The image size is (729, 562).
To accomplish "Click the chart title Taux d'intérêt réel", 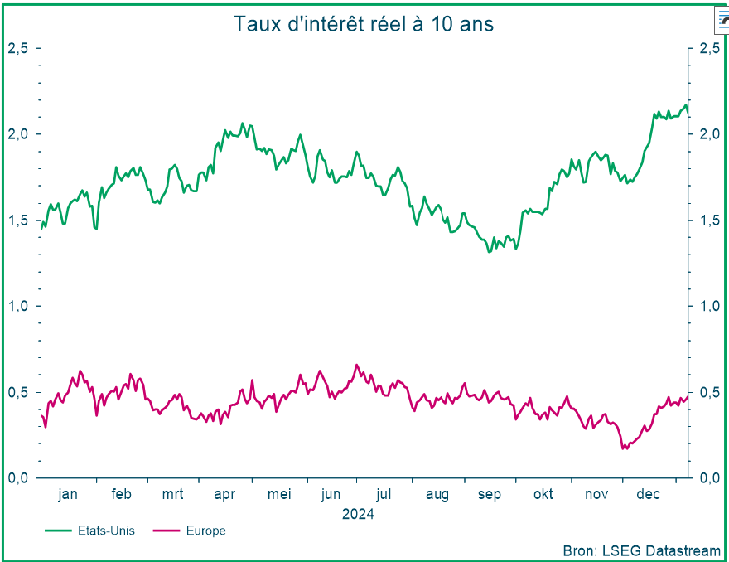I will click(x=364, y=24).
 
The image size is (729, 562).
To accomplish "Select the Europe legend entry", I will click(x=205, y=531).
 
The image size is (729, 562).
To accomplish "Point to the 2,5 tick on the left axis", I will click(x=18, y=48).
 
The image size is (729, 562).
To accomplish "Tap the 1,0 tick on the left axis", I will click(x=18, y=306).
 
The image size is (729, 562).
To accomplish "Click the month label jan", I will click(x=68, y=495).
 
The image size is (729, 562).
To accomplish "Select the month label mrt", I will click(x=172, y=495).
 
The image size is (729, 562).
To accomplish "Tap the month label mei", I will click(x=279, y=495).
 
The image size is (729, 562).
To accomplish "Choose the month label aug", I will click(x=437, y=495).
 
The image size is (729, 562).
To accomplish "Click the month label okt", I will click(x=543, y=495).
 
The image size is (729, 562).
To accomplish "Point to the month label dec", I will click(x=648, y=495).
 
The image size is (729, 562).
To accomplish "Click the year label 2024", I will click(x=358, y=514).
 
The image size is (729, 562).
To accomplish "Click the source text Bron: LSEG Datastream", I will click(x=641, y=550).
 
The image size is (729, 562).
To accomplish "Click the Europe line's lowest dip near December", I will click(x=624, y=449).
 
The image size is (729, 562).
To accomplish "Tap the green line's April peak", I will click(x=243, y=124).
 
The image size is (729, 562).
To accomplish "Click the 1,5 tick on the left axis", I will click(x=18, y=220).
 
